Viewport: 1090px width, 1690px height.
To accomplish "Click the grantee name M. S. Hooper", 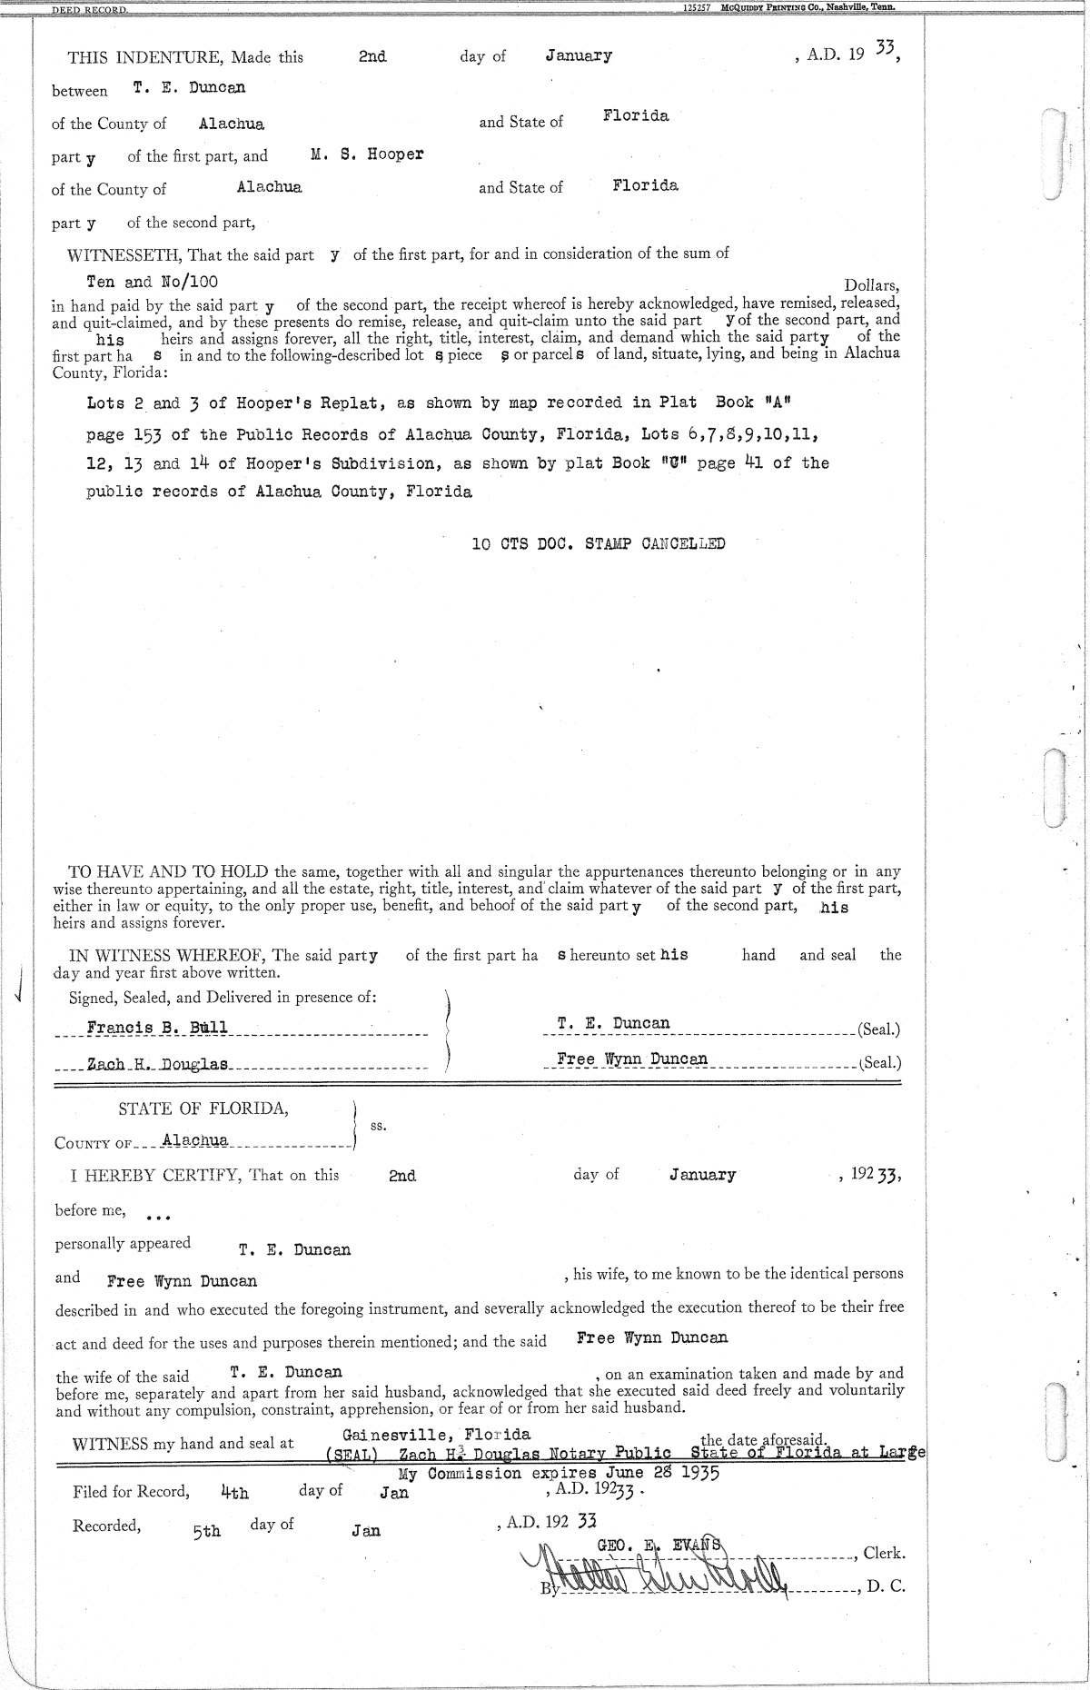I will [367, 154].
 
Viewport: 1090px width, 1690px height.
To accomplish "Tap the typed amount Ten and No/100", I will [152, 282].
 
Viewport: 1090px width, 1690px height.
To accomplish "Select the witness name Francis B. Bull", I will [157, 1028].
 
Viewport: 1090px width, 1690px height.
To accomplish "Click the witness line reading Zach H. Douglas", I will [157, 1064].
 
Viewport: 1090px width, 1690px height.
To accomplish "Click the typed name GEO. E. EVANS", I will [659, 1544].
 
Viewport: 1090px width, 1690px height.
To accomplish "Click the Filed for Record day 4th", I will [234, 1492].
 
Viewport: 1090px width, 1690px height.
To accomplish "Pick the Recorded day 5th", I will [206, 1531].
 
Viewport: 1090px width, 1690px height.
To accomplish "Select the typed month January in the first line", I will [579, 56].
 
